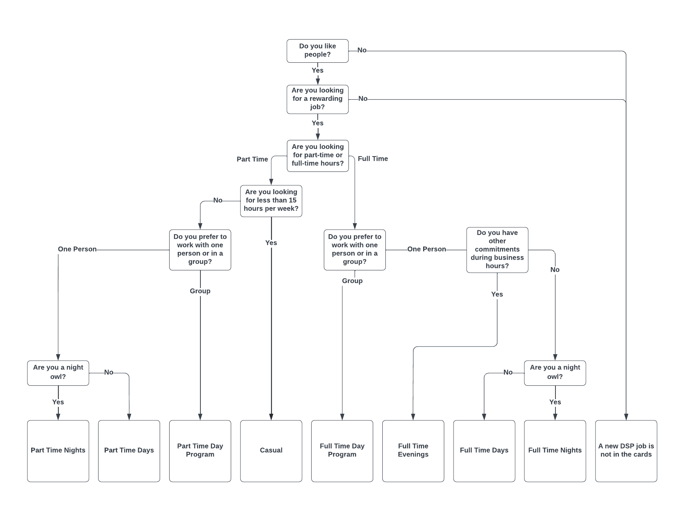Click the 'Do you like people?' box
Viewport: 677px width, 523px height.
(317, 51)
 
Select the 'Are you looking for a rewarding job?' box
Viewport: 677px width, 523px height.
(317, 99)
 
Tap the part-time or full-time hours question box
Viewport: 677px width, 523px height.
(317, 155)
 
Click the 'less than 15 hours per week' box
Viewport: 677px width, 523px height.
(271, 201)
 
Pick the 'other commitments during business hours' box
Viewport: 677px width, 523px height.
(497, 250)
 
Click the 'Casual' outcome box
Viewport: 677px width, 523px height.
(271, 450)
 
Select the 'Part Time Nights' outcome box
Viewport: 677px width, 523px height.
(58, 450)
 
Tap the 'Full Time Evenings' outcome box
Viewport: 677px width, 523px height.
(413, 450)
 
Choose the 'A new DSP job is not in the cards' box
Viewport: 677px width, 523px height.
(626, 450)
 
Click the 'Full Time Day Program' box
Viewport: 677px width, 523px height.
(342, 450)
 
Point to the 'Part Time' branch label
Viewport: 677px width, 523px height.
(252, 159)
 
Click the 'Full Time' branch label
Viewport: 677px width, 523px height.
(372, 158)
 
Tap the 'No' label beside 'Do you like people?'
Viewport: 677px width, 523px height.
(362, 50)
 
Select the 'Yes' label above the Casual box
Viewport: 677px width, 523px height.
(271, 243)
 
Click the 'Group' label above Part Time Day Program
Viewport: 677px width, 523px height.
(200, 291)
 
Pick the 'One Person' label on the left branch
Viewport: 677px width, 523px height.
(77, 249)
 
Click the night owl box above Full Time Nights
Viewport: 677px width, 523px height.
(555, 373)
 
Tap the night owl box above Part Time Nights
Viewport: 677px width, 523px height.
(58, 373)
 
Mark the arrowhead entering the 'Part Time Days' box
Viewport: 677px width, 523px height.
(129, 417)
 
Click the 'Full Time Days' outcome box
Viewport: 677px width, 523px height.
(484, 450)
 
